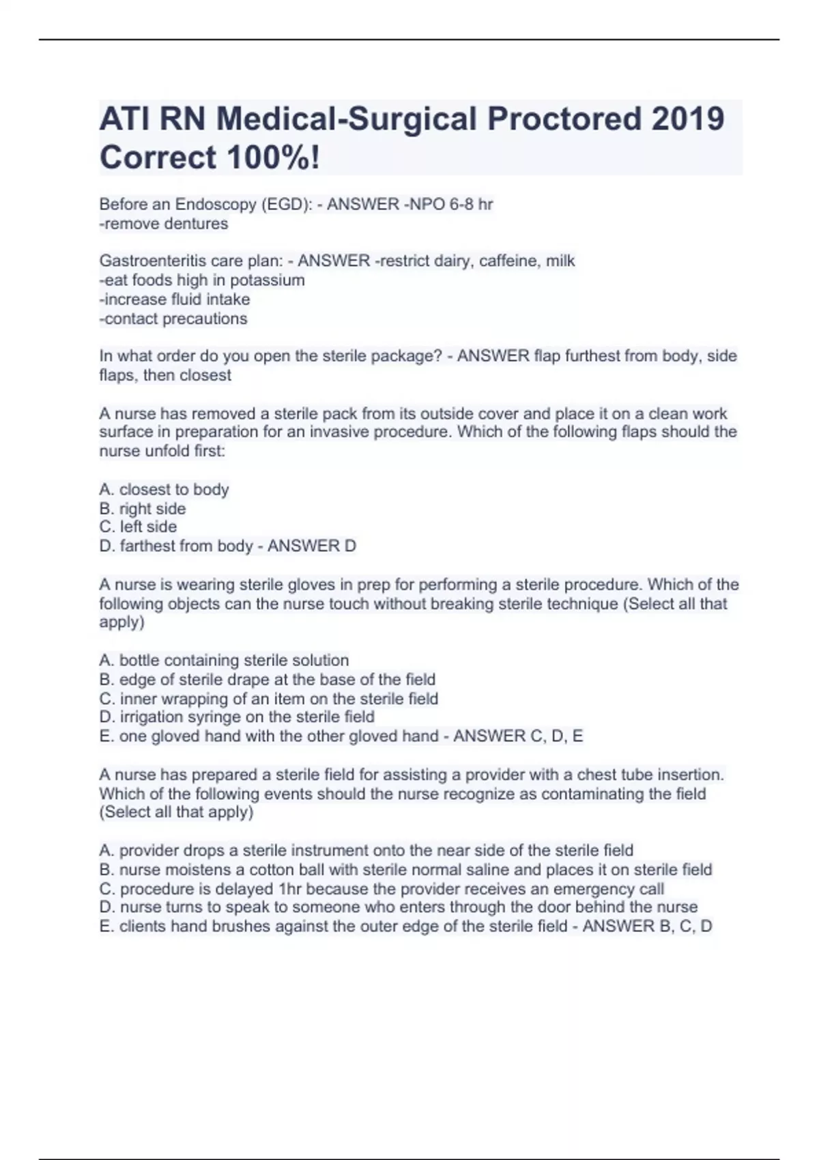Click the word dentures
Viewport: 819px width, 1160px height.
click(195, 224)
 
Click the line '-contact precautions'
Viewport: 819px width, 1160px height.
click(173, 319)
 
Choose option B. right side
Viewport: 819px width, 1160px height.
click(143, 508)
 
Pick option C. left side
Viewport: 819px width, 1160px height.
click(138, 527)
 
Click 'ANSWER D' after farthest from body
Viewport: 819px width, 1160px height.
click(312, 546)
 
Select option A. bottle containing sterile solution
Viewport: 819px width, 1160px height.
click(224, 660)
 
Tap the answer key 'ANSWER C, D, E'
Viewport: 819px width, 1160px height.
click(518, 736)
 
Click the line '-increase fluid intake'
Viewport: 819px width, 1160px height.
click(175, 299)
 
